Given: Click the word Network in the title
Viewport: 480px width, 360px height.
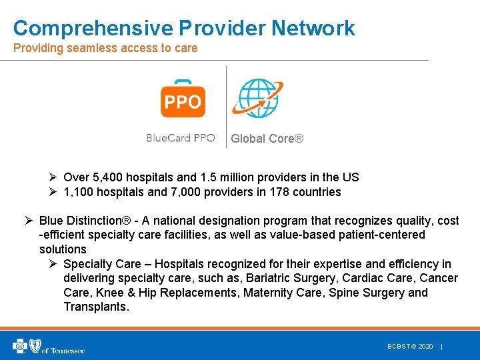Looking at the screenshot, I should [x=313, y=28].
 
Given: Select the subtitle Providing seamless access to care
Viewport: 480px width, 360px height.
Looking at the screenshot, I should [x=105, y=48].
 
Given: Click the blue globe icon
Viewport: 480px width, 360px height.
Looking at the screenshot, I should [x=257, y=98].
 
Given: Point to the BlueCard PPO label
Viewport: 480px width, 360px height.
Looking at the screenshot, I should [x=181, y=138].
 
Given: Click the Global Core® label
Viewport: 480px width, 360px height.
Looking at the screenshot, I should [x=267, y=139].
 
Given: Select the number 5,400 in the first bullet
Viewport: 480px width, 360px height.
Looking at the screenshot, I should [x=106, y=177].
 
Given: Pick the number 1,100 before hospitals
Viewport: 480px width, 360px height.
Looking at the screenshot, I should [x=79, y=192].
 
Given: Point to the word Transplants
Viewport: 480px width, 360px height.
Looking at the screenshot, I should [x=95, y=307].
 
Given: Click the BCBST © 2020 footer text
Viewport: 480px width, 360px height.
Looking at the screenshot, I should [x=410, y=347].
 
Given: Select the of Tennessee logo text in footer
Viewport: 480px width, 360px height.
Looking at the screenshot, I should [x=63, y=349].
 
